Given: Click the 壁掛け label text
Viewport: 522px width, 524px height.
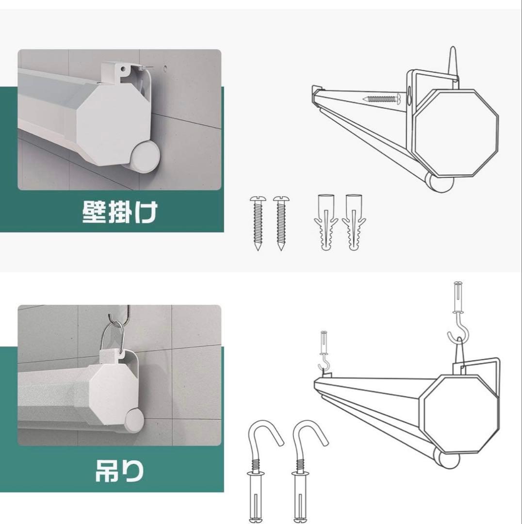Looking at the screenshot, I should coord(119,212).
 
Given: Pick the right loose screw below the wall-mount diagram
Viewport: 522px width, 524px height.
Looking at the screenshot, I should coord(280,223).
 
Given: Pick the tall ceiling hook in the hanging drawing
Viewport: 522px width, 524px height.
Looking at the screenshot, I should coord(458,315).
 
